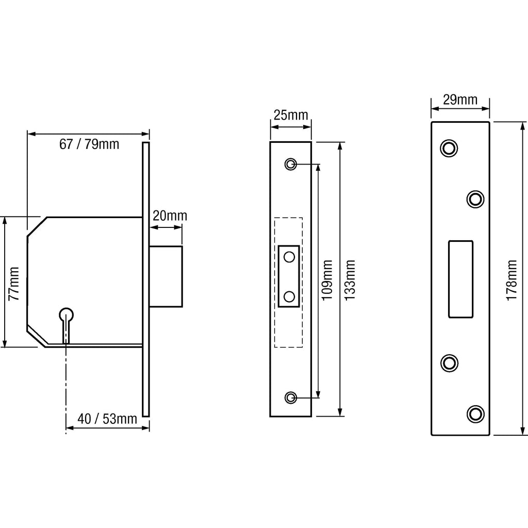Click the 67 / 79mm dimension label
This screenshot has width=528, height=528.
[x=89, y=144]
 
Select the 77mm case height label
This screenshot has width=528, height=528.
[x=14, y=283]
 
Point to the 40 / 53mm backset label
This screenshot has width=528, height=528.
[x=107, y=419]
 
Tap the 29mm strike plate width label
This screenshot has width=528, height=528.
[x=460, y=99]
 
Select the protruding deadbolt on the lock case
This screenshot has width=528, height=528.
[x=166, y=276]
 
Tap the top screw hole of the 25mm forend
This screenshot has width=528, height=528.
[x=290, y=164]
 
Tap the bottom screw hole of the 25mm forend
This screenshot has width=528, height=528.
[x=290, y=397]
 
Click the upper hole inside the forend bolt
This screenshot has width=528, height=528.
[x=289, y=256]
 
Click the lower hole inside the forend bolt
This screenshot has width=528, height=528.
[x=289, y=296]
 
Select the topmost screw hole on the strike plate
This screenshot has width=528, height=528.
[x=449, y=148]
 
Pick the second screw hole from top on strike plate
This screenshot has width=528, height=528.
[x=475, y=199]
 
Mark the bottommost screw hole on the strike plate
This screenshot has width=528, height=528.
[x=475, y=413]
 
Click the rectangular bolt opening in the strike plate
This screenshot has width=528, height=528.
[x=461, y=278]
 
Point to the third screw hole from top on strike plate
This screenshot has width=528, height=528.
[x=449, y=362]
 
